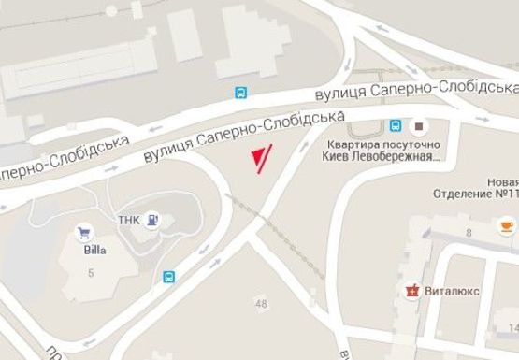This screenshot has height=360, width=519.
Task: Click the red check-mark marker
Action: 261,159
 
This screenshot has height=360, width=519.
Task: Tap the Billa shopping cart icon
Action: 84,232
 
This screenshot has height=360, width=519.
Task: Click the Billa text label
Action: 91,250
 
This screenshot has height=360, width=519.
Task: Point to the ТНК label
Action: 128,221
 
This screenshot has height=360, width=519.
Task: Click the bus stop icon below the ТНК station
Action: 169,277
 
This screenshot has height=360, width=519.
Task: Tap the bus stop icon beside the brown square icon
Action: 396,125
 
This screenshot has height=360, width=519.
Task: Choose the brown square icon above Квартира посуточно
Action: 418,125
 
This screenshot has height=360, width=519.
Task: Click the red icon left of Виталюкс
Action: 411,291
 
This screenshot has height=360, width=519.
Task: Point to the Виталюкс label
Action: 452,291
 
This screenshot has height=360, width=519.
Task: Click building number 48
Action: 260,303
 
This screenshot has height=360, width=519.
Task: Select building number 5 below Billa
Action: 92,272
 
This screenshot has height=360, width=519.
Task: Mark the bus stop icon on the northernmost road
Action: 241,93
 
